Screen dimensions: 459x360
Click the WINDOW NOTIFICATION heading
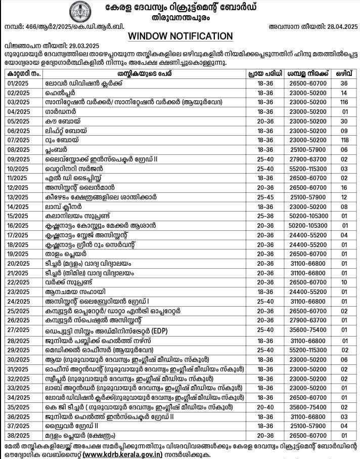tap(181, 36)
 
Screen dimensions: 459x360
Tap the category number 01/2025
tap(19, 82)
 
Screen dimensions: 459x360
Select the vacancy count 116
tap(344, 102)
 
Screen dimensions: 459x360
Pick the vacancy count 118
tap(344, 140)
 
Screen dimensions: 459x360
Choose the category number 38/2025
tap(19, 435)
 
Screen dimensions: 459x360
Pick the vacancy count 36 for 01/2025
tap(344, 82)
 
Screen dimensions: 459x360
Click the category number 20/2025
tap(19, 263)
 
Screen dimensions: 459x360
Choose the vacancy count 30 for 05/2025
tap(344, 121)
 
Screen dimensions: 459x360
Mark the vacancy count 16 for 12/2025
tap(344, 187)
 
